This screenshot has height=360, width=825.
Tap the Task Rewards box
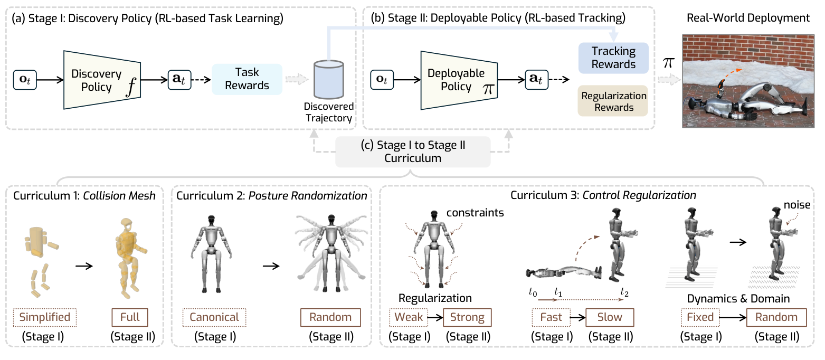(247, 79)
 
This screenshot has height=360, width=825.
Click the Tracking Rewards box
(613, 58)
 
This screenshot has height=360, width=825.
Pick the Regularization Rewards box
(613, 101)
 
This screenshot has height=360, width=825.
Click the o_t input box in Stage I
(25, 80)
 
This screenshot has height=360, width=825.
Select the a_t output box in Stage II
(537, 80)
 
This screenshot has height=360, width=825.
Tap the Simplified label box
(45, 317)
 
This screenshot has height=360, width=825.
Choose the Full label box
(130, 317)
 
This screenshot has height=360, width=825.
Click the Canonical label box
(214, 317)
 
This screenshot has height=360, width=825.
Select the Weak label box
(407, 318)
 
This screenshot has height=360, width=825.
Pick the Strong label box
(467, 318)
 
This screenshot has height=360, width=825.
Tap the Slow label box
(610, 318)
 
